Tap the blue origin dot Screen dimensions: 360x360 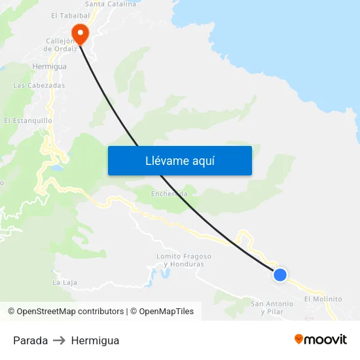(280, 275)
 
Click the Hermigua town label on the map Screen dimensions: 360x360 (50, 66)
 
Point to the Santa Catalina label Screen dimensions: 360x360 (111, 4)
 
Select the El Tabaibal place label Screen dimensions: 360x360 (70, 15)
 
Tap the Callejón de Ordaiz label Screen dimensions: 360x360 (61, 44)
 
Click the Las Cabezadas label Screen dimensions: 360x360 (39, 85)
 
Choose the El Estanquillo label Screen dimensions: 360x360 (28, 120)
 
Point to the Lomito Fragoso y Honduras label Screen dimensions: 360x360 (184, 260)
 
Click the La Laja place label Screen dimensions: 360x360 (65, 282)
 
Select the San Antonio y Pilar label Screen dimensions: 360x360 (272, 307)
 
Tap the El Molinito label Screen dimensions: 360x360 (323, 298)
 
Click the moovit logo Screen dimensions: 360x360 (321, 340)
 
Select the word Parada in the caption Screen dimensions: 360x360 (30, 340)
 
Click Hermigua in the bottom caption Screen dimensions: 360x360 (95, 340)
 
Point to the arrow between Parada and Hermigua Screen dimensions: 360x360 (60, 340)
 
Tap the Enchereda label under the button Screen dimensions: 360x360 (169, 194)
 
